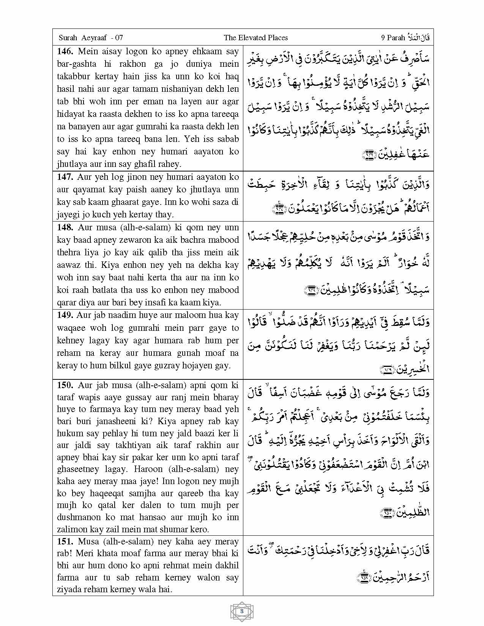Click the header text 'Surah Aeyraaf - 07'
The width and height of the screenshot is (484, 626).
91,38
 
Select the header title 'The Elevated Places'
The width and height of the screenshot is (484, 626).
255,38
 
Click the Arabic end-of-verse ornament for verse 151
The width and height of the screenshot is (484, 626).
363,577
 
